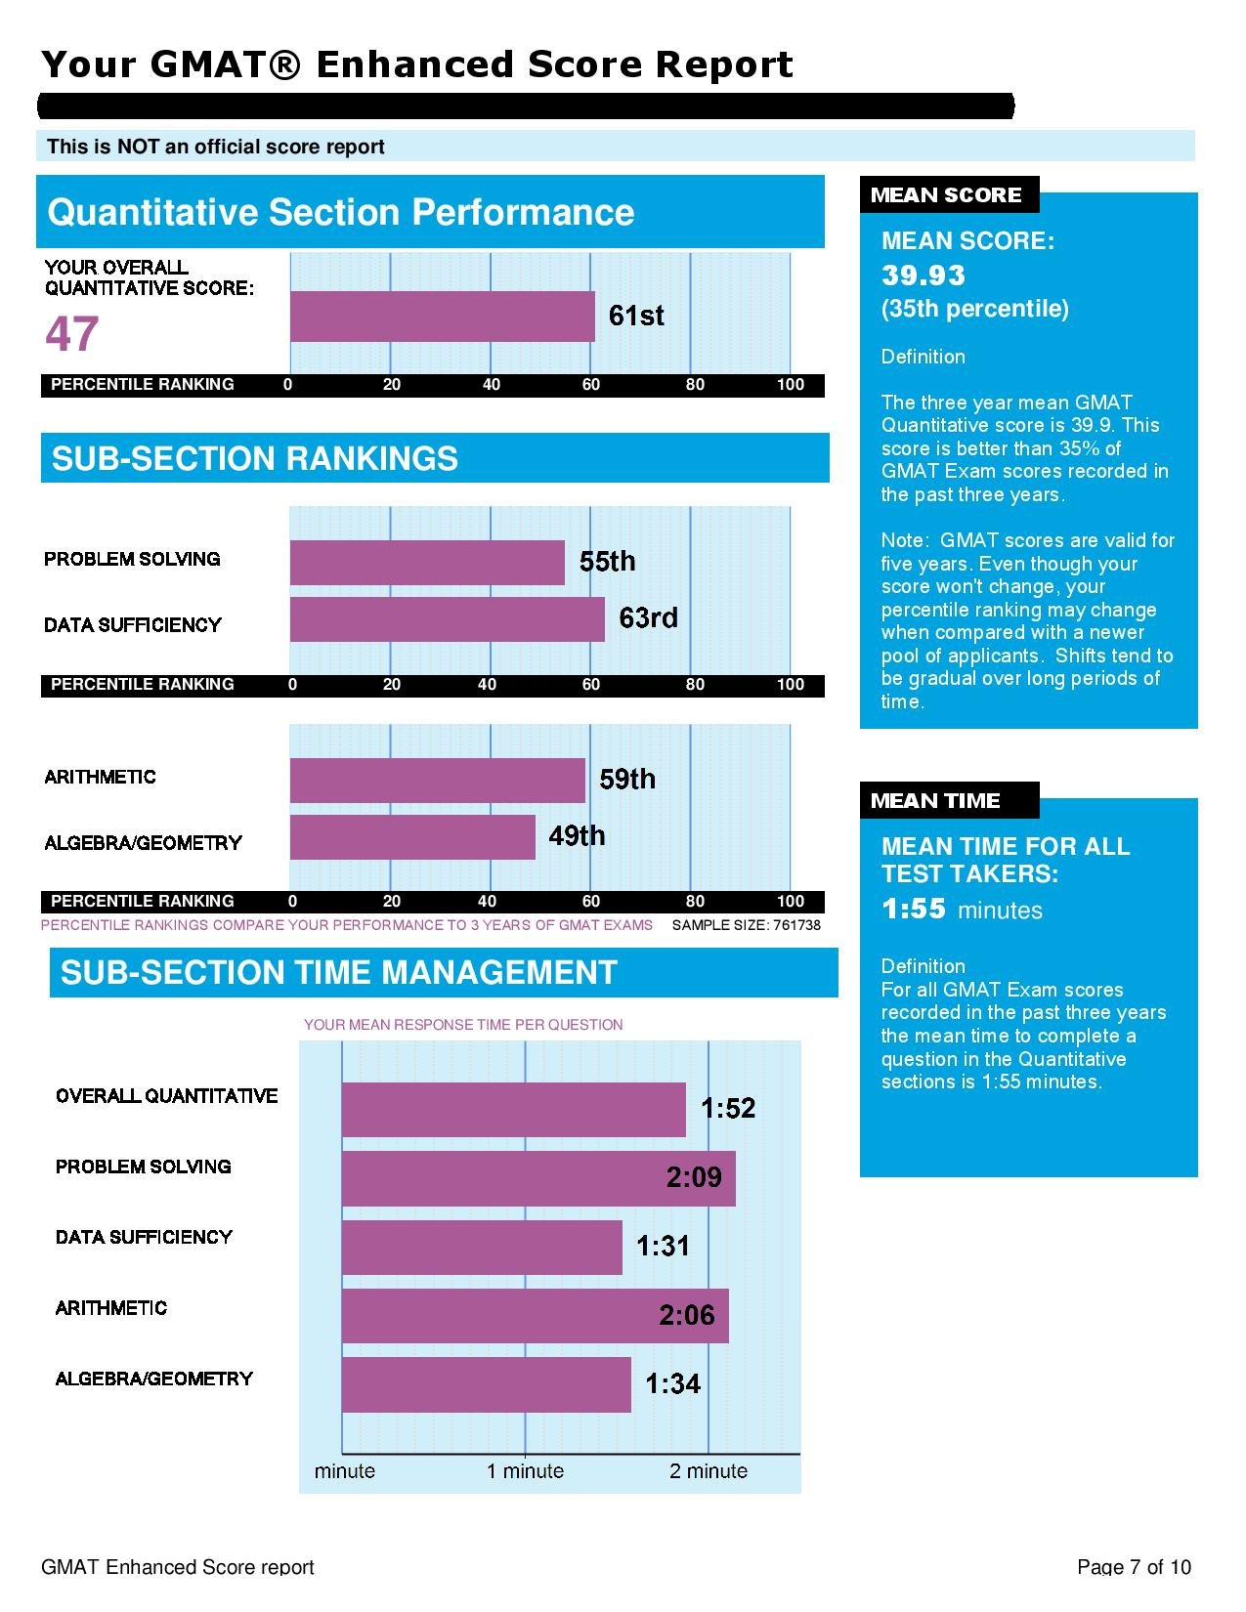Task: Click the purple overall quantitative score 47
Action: coord(71,334)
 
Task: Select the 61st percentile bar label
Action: coord(635,316)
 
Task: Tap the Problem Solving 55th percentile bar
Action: coord(427,563)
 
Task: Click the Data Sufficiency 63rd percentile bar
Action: coord(447,619)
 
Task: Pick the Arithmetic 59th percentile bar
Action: coord(437,781)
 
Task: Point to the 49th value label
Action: coord(577,836)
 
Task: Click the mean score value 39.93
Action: coord(923,276)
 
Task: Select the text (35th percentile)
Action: coord(974,309)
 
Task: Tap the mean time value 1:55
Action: coord(913,909)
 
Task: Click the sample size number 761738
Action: coord(796,925)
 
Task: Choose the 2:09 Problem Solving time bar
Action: coord(537,1178)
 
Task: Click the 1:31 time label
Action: coord(663,1247)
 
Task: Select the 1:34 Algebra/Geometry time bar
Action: coord(486,1384)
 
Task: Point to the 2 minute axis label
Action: coord(708,1471)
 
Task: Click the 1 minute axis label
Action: coord(525,1471)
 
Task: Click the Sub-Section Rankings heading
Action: coord(255,458)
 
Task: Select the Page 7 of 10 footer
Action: coord(1134,1567)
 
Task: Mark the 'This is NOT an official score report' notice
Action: coord(216,147)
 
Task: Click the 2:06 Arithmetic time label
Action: coord(686,1316)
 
